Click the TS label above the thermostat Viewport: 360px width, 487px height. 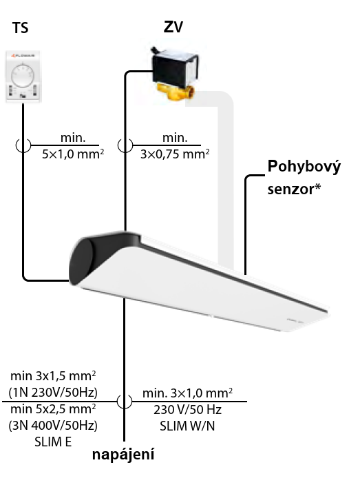[21, 28]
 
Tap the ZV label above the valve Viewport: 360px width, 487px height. [173, 27]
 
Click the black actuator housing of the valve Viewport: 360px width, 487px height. [175, 69]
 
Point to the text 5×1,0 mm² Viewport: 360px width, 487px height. [73, 154]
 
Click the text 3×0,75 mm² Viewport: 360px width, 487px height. [175, 154]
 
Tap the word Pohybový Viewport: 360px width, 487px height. [304, 167]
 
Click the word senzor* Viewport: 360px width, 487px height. [294, 189]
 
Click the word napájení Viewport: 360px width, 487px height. [123, 455]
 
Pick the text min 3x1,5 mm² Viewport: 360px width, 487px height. [53, 376]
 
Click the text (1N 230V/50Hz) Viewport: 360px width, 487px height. [53, 393]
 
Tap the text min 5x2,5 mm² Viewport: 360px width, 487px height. [53, 409]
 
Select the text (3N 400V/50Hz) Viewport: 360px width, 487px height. [53, 426]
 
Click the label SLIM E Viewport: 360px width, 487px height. [53, 442]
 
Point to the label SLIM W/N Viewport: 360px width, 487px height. [187, 426]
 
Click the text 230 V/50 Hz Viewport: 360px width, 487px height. [187, 410]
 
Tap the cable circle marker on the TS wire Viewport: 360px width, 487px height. [23, 145]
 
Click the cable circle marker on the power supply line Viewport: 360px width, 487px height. [125, 402]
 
